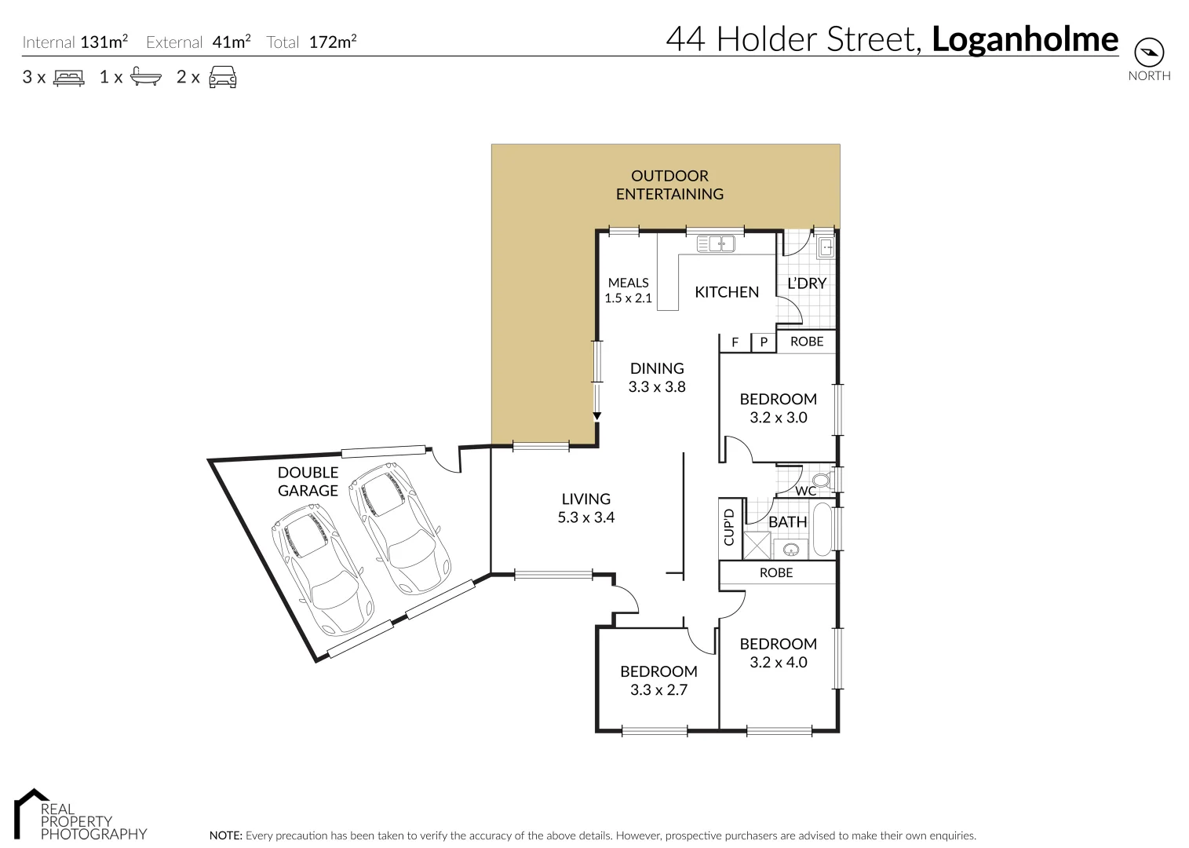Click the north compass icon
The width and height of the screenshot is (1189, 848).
tap(1149, 53)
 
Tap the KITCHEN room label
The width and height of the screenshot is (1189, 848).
tap(727, 292)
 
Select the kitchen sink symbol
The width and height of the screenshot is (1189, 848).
tap(715, 244)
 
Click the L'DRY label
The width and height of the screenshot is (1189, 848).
tap(807, 283)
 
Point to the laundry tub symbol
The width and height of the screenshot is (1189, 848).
tap(826, 249)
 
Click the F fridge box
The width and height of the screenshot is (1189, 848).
tap(735, 342)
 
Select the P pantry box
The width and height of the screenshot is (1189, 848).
tap(763, 342)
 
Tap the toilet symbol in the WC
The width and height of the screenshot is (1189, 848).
tap(820, 480)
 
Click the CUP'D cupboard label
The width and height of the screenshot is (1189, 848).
tap(729, 527)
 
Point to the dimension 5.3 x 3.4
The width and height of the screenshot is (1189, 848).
tap(585, 517)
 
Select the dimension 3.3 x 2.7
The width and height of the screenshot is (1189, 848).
tap(658, 690)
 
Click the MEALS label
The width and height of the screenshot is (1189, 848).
tap(628, 283)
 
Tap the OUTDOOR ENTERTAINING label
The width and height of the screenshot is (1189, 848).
tap(669, 185)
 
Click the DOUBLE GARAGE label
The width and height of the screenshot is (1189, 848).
tap(308, 481)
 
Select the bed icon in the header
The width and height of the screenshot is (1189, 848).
tap(68, 78)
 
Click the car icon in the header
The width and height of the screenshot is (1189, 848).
tap(223, 77)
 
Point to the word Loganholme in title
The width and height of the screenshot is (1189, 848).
tap(1024, 39)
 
